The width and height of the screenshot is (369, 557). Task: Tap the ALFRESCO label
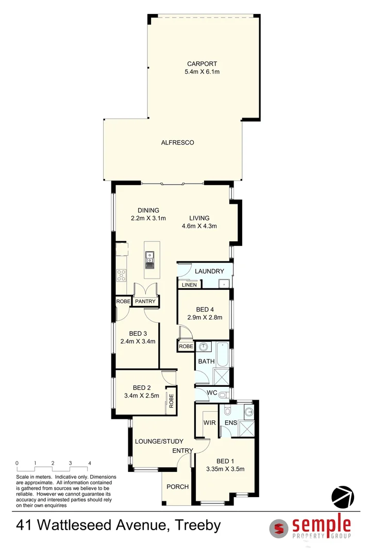coord(177,142)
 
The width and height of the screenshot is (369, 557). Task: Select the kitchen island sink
coord(149,257)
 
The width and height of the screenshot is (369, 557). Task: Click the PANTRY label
coord(145,301)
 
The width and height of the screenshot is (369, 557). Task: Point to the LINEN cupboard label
coord(189,284)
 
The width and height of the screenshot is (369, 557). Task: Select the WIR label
coord(209,422)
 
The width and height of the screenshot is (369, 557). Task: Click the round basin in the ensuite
coord(248,412)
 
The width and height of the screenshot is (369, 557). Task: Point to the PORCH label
coord(177,486)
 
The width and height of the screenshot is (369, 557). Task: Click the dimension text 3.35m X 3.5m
coord(224,469)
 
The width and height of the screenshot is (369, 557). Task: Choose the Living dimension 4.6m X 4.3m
coord(199,225)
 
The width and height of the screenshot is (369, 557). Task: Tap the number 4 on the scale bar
coord(90,463)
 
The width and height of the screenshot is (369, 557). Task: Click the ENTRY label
coord(182,451)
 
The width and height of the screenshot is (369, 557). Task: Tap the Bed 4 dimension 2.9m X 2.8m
coord(205,317)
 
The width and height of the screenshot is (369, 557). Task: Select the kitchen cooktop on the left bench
coord(122,275)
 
